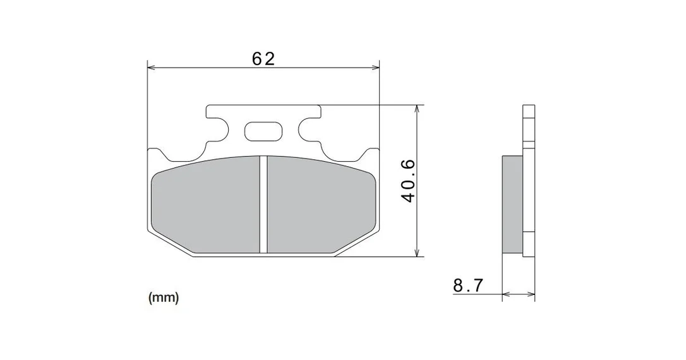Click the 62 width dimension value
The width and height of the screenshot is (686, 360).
tap(263, 58)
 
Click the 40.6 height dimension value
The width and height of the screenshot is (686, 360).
tap(408, 181)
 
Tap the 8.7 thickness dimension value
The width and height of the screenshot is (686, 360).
tap(468, 286)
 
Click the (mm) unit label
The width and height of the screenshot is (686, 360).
tap(164, 298)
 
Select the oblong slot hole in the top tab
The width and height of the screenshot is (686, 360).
tap(263, 131)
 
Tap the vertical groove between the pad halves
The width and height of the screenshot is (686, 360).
tap(263, 204)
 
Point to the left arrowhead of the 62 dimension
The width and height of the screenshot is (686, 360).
tap(152, 68)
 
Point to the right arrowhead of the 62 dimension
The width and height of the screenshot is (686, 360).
tap(375, 68)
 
